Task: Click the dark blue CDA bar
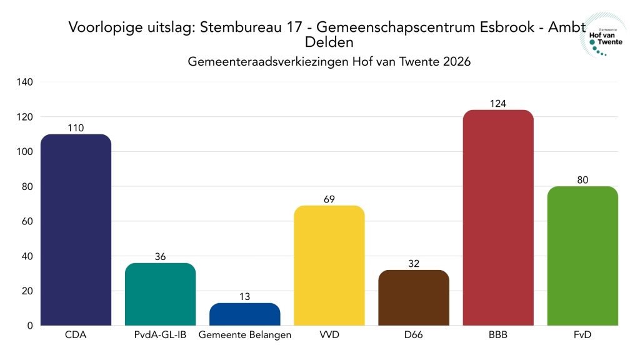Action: [x=76, y=229]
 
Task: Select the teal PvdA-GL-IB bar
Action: [x=160, y=294]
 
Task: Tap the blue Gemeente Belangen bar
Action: [x=244, y=314]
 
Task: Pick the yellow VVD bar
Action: [x=329, y=265]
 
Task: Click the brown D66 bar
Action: [x=414, y=297]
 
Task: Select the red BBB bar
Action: [x=498, y=217]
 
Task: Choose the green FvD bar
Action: [x=582, y=256]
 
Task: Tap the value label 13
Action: [x=244, y=297]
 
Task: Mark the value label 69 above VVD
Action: [x=329, y=199]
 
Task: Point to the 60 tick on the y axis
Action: [x=28, y=221]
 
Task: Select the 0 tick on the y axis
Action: [x=30, y=326]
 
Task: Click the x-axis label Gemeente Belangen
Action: [x=244, y=336]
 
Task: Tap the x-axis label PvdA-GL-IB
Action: [x=160, y=336]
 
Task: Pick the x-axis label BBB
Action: [x=498, y=336]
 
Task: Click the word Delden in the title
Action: [x=329, y=42]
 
